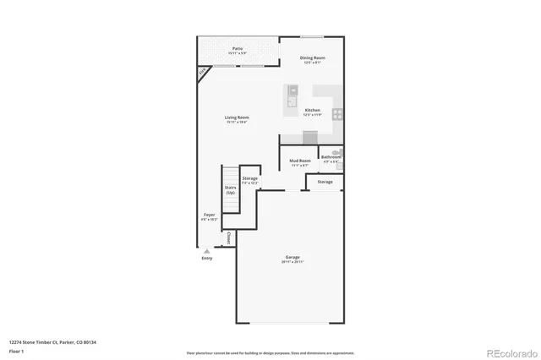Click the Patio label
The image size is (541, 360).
(x=238, y=49)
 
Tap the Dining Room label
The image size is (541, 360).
(x=314, y=57)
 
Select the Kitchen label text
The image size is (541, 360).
(x=313, y=111)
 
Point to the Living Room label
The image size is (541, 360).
(x=237, y=117)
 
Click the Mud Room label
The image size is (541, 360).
(x=300, y=160)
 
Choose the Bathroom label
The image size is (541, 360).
(x=331, y=156)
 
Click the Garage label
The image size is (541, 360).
(x=292, y=257)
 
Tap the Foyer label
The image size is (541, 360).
(x=210, y=215)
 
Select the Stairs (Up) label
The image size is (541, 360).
(x=230, y=190)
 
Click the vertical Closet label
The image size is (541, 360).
(x=228, y=239)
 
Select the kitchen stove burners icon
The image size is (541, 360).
(x=336, y=113)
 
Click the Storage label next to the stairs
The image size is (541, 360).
(x=249, y=178)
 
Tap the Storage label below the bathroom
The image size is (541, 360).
(x=325, y=182)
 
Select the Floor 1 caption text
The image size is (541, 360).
(x=16, y=350)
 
